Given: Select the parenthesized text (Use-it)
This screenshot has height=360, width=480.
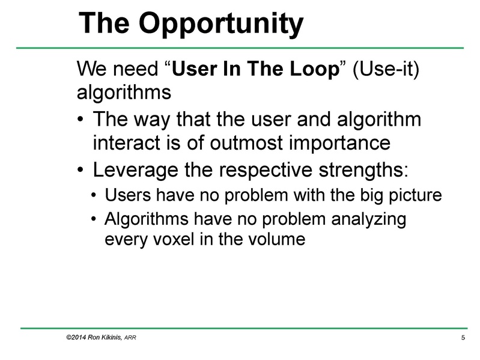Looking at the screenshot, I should pyautogui.click(x=384, y=69).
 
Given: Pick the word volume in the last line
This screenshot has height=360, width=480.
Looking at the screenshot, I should pyautogui.click(x=277, y=239).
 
